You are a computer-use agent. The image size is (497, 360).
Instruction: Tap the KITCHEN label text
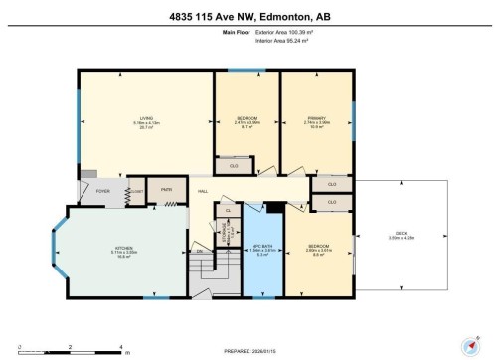(123, 251)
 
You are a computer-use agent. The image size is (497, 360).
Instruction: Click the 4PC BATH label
(262, 249)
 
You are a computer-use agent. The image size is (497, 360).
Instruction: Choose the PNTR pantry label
(167, 188)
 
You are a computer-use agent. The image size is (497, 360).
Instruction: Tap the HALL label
(202, 190)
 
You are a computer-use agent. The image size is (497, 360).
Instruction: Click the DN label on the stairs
(200, 251)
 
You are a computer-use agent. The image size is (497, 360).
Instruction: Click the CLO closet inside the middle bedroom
(234, 166)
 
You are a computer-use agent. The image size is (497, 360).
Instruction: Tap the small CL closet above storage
(228, 210)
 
